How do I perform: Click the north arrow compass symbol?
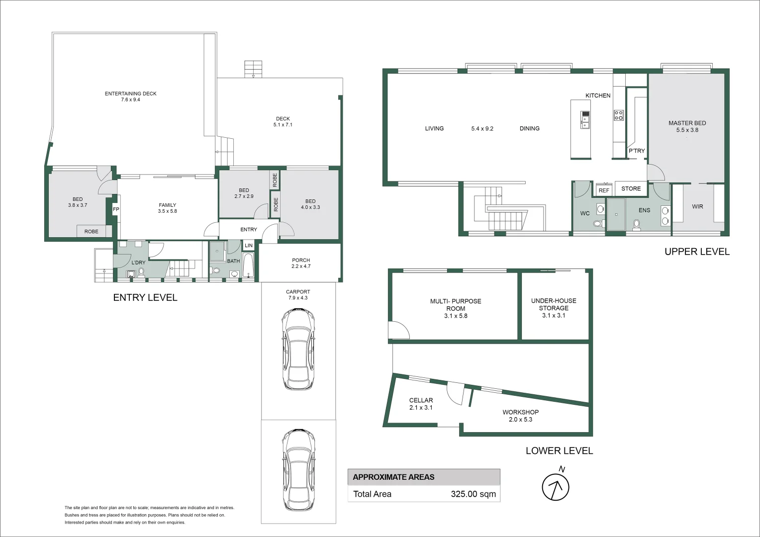click(x=555, y=486)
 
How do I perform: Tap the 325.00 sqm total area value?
click(x=473, y=494)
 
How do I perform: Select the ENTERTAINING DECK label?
click(x=130, y=93)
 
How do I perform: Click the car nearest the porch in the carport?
click(x=298, y=349)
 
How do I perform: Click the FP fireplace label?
click(x=116, y=209)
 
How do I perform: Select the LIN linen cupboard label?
click(x=249, y=246)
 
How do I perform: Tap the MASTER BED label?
click(x=687, y=123)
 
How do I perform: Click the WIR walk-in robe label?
click(x=697, y=206)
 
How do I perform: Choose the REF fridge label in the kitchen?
click(x=604, y=190)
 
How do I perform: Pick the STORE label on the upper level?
click(x=631, y=188)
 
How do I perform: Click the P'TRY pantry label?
click(x=636, y=151)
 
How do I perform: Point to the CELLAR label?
click(x=421, y=400)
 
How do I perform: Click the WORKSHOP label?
click(x=520, y=412)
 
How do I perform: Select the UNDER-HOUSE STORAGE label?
click(x=554, y=304)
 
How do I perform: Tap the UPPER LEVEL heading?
click(x=697, y=252)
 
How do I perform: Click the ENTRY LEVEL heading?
click(x=145, y=297)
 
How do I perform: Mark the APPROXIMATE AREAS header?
click(x=393, y=477)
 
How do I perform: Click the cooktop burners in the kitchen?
click(x=618, y=115)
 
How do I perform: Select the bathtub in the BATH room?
click(x=248, y=266)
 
